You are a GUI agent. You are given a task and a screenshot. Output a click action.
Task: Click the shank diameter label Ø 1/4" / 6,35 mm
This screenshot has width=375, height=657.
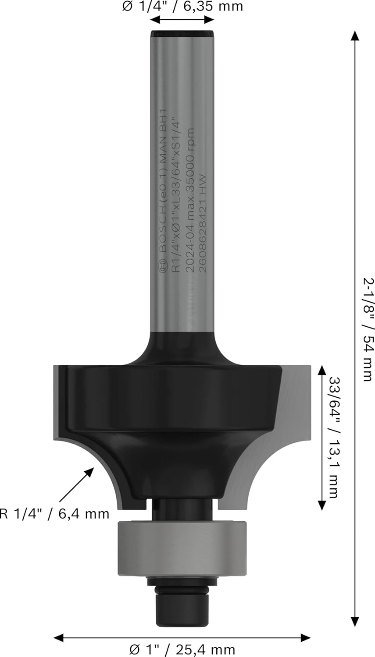pos(182,7)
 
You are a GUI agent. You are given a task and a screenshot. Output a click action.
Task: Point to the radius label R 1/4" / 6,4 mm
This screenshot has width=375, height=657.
pos(54,513)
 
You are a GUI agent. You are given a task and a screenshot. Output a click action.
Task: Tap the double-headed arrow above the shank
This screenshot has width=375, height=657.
pos(182,20)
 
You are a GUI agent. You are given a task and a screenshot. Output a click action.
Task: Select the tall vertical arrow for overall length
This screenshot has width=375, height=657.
pos(354,328)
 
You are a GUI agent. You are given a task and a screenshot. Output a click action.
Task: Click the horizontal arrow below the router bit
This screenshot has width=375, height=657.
pos(182,637)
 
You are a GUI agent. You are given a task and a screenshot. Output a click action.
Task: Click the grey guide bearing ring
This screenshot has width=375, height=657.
pos(182,547)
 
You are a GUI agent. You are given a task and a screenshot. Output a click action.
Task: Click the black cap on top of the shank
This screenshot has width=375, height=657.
pos(182,33)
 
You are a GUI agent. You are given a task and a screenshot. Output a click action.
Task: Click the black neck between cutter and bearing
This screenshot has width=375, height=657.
pos(182,508)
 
